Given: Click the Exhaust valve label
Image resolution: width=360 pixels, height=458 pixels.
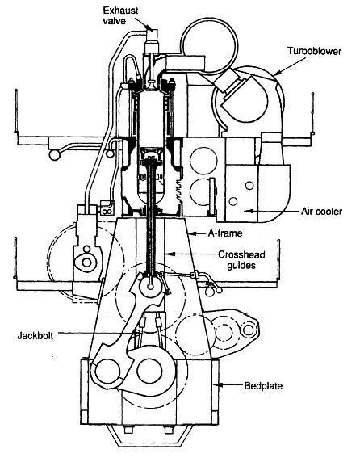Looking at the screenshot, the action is pos(120,16).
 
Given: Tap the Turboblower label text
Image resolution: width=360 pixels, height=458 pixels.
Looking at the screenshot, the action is pos(314,51).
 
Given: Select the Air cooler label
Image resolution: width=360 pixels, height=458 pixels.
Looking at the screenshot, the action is pos(321,211).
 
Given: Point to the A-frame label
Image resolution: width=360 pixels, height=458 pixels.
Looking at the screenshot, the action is pos(225,233).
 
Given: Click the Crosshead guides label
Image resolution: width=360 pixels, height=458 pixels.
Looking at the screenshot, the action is pos(241,260).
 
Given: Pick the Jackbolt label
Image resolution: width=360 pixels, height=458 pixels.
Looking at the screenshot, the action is pos(36,335).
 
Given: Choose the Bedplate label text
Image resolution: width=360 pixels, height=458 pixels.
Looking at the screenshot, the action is pos(263,386).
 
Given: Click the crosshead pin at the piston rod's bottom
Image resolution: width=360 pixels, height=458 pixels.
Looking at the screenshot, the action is pos(150,287).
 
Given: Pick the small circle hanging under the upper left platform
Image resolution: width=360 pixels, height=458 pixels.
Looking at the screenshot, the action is pos(55,154).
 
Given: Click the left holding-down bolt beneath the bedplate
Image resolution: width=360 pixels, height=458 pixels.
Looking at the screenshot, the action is pos(127,431).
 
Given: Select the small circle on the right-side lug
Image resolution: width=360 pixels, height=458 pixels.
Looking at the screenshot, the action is pos(248,330).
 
